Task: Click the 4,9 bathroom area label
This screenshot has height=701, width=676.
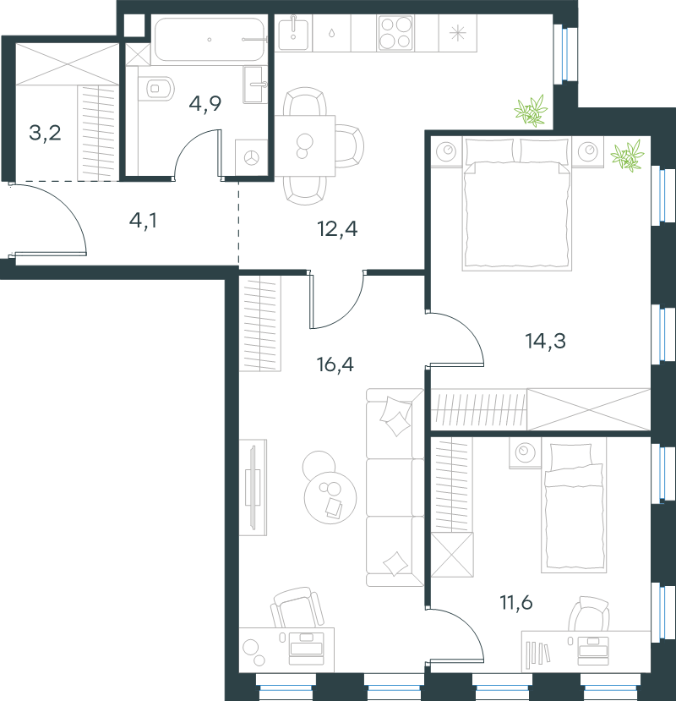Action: [x=205, y=104]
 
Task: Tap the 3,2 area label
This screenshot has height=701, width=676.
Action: [x=45, y=133]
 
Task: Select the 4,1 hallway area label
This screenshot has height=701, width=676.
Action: [x=143, y=221]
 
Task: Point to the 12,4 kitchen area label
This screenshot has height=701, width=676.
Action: [x=337, y=229]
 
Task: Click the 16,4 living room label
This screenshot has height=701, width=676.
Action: [x=335, y=364]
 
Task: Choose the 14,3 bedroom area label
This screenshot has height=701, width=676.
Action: [x=546, y=341]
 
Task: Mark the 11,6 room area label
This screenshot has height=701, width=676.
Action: [x=516, y=603]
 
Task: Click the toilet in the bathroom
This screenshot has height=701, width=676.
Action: [x=155, y=88]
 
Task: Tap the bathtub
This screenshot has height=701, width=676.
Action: [x=209, y=40]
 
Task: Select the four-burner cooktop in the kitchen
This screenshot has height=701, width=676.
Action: [x=395, y=33]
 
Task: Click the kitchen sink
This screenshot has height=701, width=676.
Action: [x=293, y=34]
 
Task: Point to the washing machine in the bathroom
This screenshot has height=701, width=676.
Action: [x=252, y=157]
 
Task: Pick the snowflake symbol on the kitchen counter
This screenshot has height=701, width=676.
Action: [x=457, y=33]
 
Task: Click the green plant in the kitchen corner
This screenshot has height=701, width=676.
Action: [x=532, y=111]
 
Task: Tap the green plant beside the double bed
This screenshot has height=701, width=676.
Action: [x=627, y=156]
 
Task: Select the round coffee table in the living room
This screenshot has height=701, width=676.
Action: [x=330, y=497]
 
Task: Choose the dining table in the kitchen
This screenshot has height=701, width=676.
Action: [x=305, y=145]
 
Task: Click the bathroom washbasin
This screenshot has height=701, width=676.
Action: [x=255, y=85]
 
